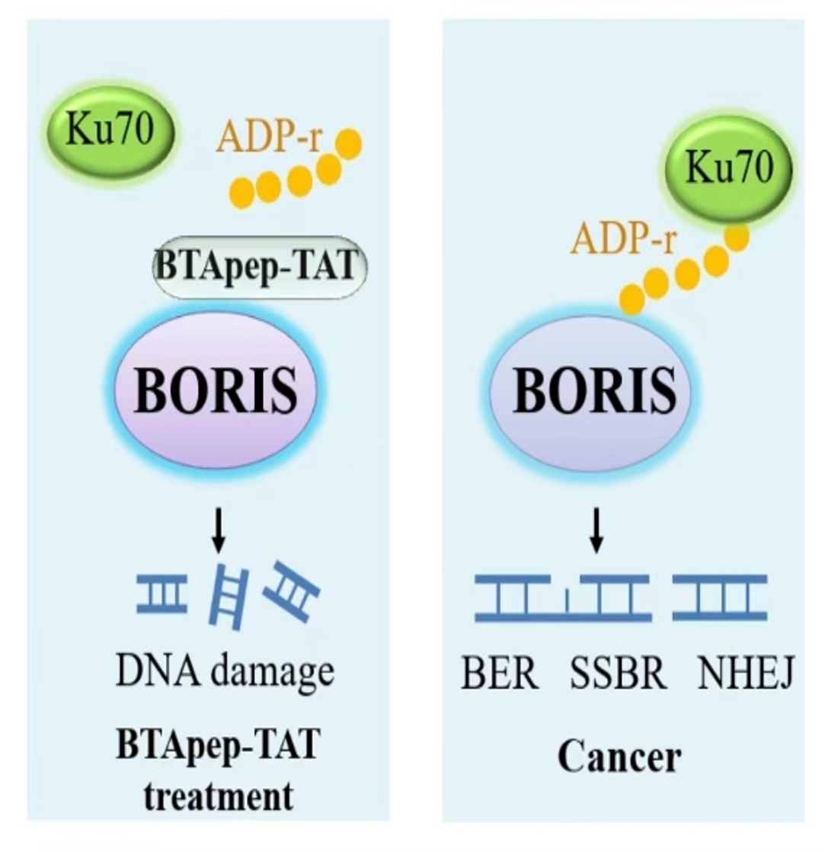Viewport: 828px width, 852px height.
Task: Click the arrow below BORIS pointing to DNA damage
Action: click(219, 533)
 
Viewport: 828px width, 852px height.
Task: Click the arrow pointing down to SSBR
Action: click(596, 533)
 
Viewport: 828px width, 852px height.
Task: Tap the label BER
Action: click(499, 674)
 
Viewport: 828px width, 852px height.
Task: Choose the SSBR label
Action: click(618, 674)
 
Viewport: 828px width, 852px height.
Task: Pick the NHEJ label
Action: click(746, 674)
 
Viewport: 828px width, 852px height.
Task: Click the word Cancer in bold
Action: click(619, 757)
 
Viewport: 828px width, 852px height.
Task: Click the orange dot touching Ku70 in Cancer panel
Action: click(737, 237)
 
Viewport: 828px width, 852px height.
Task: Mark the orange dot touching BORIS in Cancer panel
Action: click(631, 302)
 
